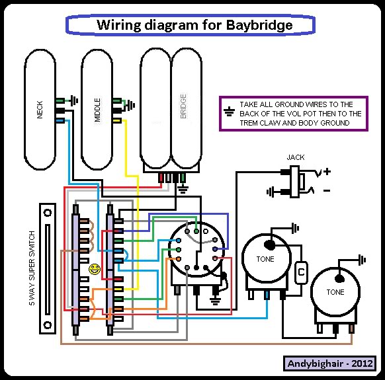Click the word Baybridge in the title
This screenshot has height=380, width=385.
(x=259, y=25)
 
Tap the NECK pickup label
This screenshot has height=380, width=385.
(x=40, y=110)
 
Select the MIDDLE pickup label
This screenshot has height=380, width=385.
(x=97, y=110)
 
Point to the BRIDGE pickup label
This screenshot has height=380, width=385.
(x=183, y=106)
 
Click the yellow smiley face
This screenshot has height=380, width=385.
(x=95, y=269)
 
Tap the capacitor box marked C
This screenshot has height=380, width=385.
(x=301, y=272)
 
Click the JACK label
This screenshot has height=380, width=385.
(x=296, y=157)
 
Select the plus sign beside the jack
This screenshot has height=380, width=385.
(x=327, y=171)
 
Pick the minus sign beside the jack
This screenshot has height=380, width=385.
(x=327, y=190)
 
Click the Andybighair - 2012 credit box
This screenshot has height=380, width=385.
(x=329, y=363)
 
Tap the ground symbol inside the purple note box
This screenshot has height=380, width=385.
(x=229, y=112)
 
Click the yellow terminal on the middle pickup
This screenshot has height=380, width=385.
(x=117, y=121)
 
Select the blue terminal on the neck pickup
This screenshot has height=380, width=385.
(x=60, y=120)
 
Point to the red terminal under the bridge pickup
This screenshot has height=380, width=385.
(x=161, y=178)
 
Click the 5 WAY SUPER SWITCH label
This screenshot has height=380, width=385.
(x=32, y=268)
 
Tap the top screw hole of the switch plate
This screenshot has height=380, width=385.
(x=48, y=212)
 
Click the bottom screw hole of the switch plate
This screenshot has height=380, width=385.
(x=48, y=325)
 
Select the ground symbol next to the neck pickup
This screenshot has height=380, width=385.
(x=74, y=100)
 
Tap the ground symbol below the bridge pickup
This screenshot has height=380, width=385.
(x=183, y=189)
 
